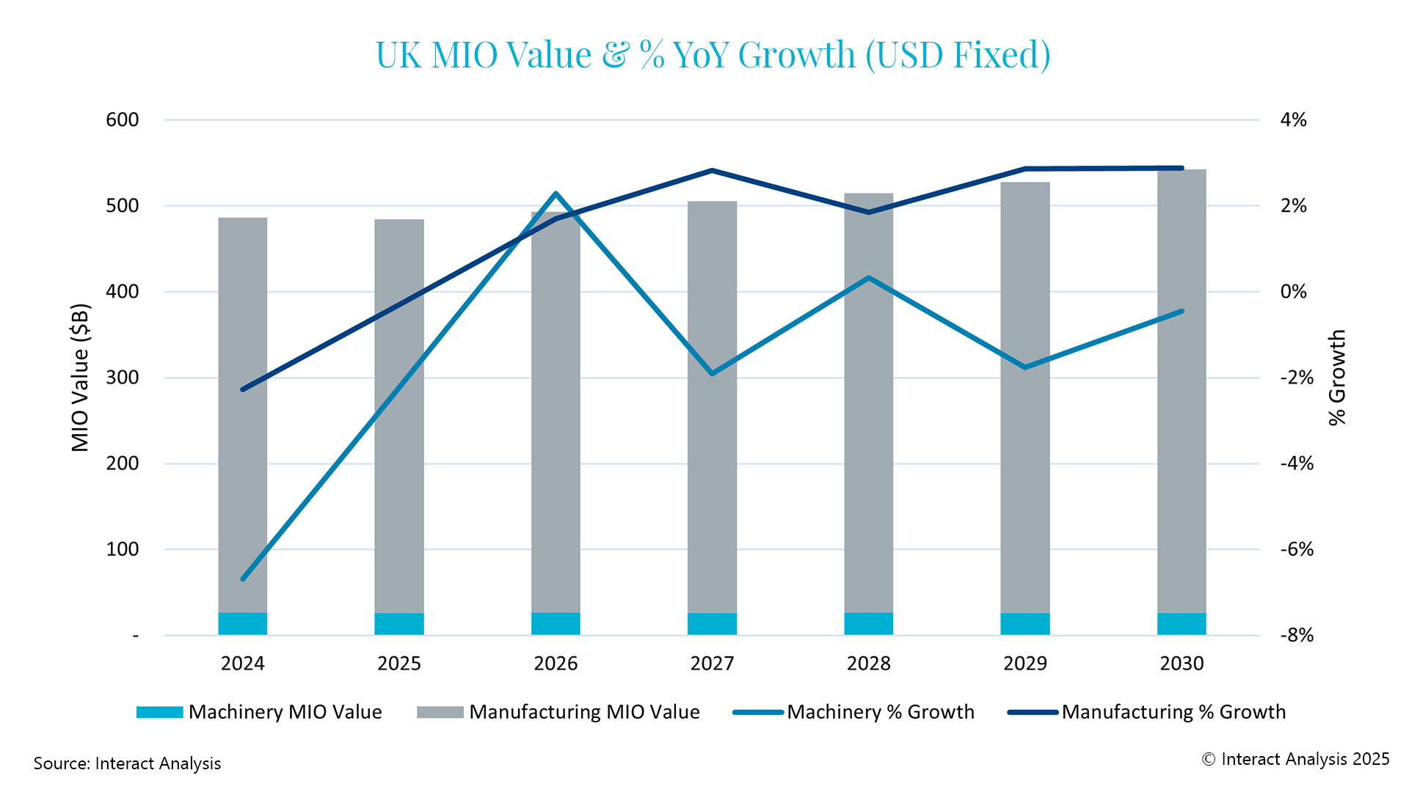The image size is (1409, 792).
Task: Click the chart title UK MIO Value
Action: (x=713, y=55)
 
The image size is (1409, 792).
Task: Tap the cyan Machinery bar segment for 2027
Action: (x=712, y=624)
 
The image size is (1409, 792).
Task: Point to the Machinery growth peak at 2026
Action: (x=556, y=194)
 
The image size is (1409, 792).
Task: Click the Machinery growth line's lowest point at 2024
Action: (x=243, y=579)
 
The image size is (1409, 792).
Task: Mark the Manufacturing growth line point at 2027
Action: (x=712, y=171)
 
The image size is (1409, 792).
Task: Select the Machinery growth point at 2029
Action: (x=1025, y=367)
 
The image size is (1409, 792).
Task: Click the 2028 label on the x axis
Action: (x=868, y=664)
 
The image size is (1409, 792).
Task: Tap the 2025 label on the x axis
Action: (x=398, y=664)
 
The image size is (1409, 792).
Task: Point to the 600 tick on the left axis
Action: (x=123, y=120)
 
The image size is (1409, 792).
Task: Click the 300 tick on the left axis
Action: (x=123, y=378)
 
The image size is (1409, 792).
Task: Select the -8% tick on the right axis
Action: (x=1297, y=635)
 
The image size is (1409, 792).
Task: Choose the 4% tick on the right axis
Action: (x=1293, y=120)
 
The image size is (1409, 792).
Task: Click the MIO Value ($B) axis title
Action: (x=80, y=377)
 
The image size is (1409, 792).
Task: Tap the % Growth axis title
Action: (x=1338, y=377)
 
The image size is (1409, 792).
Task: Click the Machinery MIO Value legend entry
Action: (x=259, y=712)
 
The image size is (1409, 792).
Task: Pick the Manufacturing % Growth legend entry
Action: (x=1147, y=712)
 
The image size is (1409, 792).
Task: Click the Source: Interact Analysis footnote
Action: (x=127, y=763)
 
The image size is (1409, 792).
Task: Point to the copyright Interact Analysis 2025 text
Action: (x=1295, y=759)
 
